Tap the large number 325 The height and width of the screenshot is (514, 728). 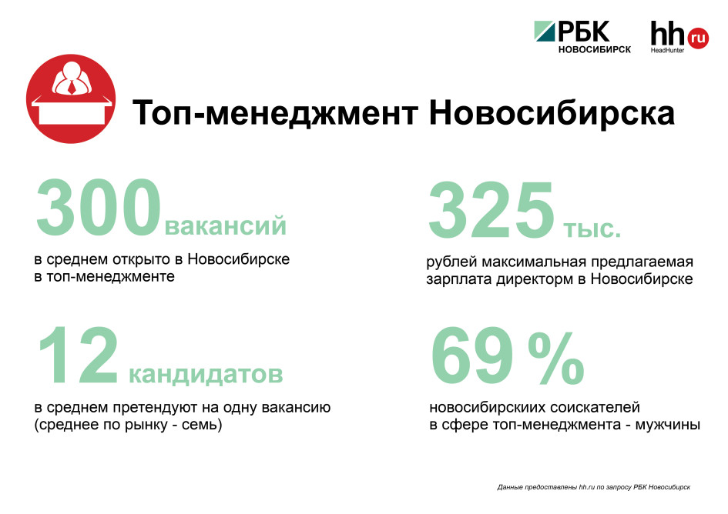coord(491,210)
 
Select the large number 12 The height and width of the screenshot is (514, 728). coord(78,355)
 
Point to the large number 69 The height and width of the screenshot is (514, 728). coord(472,355)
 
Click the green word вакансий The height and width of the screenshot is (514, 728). coord(226,225)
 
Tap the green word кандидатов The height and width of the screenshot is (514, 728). coord(206,373)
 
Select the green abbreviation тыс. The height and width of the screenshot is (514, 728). coord(592,229)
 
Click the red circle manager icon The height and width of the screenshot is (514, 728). coord(71,98)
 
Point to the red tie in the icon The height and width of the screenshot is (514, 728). coord(72,87)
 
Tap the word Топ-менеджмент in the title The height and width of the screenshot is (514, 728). coord(275,113)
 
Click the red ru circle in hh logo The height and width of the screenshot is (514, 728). coord(697,38)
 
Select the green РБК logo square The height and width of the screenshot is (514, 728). coord(545,31)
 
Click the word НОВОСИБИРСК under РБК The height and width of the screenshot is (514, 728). coord(595,49)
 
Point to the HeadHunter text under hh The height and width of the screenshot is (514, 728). coord(667,50)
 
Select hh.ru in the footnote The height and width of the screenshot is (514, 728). coord(586,487)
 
